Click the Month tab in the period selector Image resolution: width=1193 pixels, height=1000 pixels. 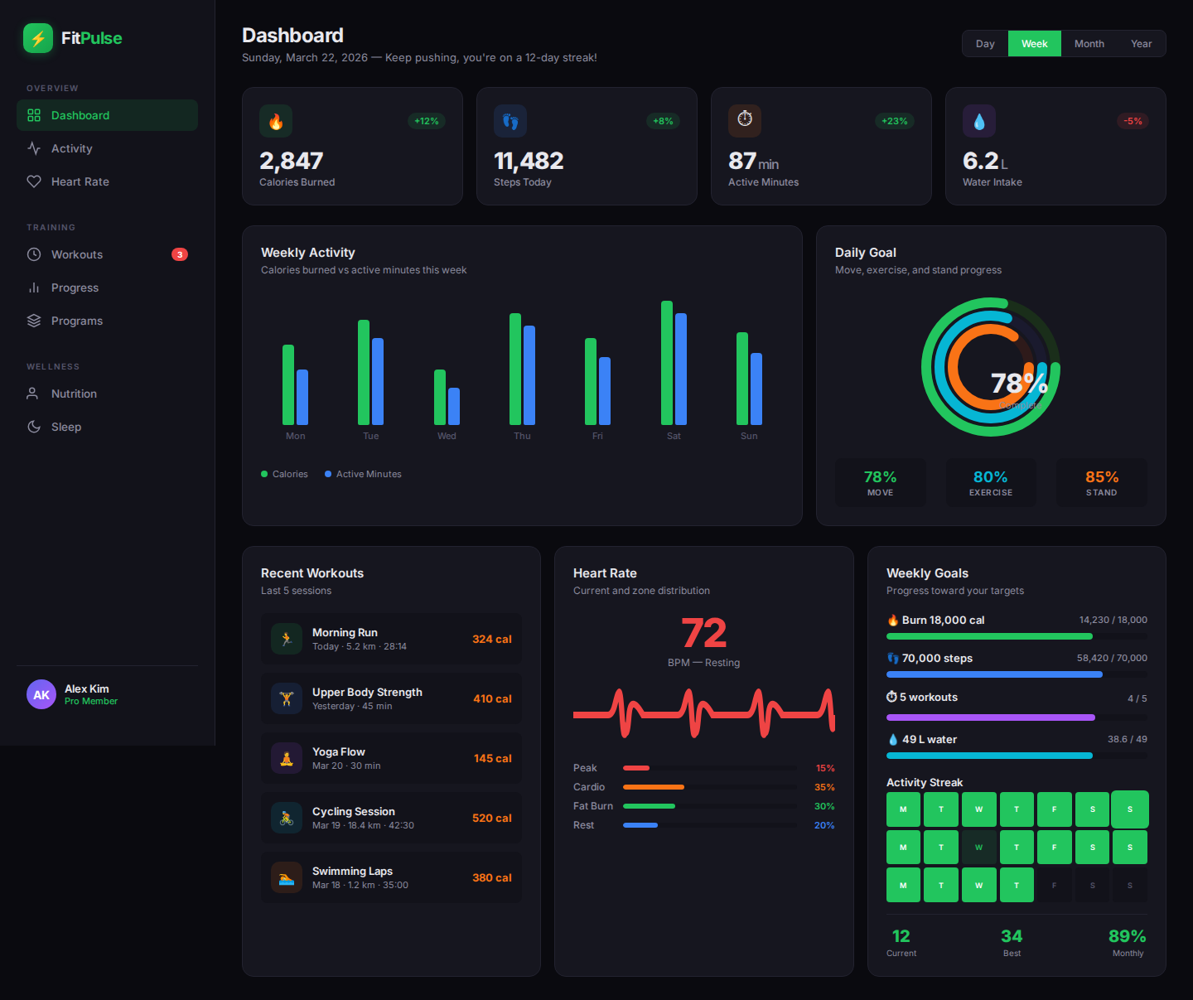[x=1089, y=44]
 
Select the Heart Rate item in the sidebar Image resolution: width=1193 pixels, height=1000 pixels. [x=80, y=181]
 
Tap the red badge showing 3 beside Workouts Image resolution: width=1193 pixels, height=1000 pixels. [x=179, y=254]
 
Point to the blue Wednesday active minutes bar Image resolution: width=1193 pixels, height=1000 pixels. [x=454, y=406]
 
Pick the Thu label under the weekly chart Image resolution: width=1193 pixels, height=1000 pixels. [x=522, y=436]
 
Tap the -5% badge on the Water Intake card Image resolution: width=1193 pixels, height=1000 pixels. [x=1133, y=121]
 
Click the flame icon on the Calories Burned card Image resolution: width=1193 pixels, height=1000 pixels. [x=276, y=121]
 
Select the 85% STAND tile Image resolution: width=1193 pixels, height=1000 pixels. [x=1101, y=482]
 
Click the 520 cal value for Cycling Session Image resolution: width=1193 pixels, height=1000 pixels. [x=491, y=818]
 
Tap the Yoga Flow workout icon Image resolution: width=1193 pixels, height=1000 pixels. [x=287, y=758]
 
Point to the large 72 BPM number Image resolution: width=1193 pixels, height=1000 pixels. [x=703, y=634]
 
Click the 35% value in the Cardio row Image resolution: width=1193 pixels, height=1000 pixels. [x=824, y=787]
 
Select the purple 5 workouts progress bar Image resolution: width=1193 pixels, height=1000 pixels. [x=990, y=717]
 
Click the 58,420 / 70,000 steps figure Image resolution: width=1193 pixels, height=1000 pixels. [x=1111, y=658]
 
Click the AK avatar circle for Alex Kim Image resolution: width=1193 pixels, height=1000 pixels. [x=41, y=695]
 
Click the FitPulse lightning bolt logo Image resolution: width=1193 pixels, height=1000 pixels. [x=38, y=38]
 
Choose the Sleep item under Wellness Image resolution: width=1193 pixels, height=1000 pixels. [x=66, y=427]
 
